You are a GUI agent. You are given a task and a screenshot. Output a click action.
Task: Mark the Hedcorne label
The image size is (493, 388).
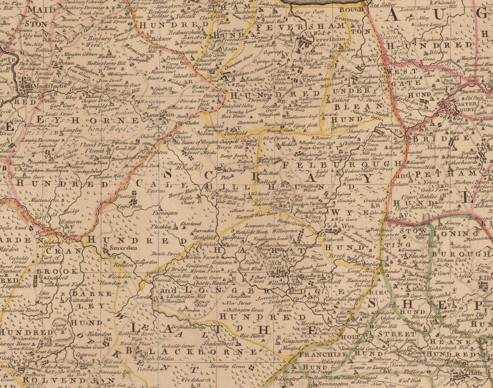click(x=71, y=221)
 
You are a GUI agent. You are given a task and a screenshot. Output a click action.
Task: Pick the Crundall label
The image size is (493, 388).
click(x=374, y=200)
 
